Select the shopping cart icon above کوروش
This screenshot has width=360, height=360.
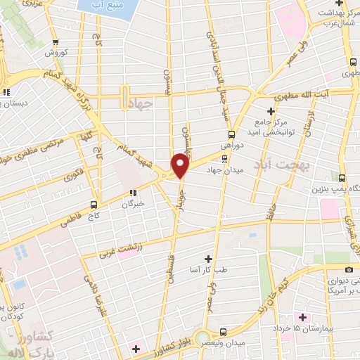point(56,41)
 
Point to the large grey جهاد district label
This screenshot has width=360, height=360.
point(141,104)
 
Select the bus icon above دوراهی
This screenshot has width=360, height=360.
point(231,136)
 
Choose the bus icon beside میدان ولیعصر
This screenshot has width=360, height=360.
point(223,331)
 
